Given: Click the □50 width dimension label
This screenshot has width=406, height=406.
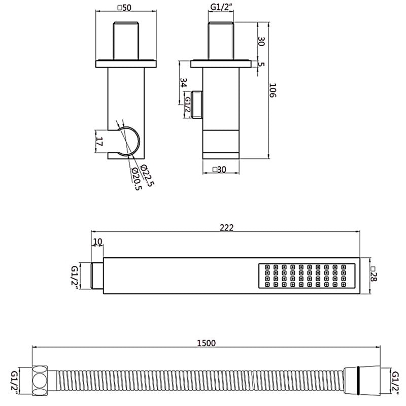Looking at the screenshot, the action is coord(125,8).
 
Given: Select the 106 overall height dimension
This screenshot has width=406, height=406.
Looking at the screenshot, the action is coord(273,90).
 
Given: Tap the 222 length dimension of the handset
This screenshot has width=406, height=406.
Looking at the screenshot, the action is coord(226,227).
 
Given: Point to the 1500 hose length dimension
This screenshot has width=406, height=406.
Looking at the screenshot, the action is coord(207,343).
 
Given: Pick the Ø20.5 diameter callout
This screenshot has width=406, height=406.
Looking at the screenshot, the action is coord(137,179).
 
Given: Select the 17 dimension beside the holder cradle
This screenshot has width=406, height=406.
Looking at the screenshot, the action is coord(99,142).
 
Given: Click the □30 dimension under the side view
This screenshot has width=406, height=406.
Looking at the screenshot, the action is coord(219,170).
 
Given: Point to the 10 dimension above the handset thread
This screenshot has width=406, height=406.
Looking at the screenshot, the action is coord(97,242).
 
